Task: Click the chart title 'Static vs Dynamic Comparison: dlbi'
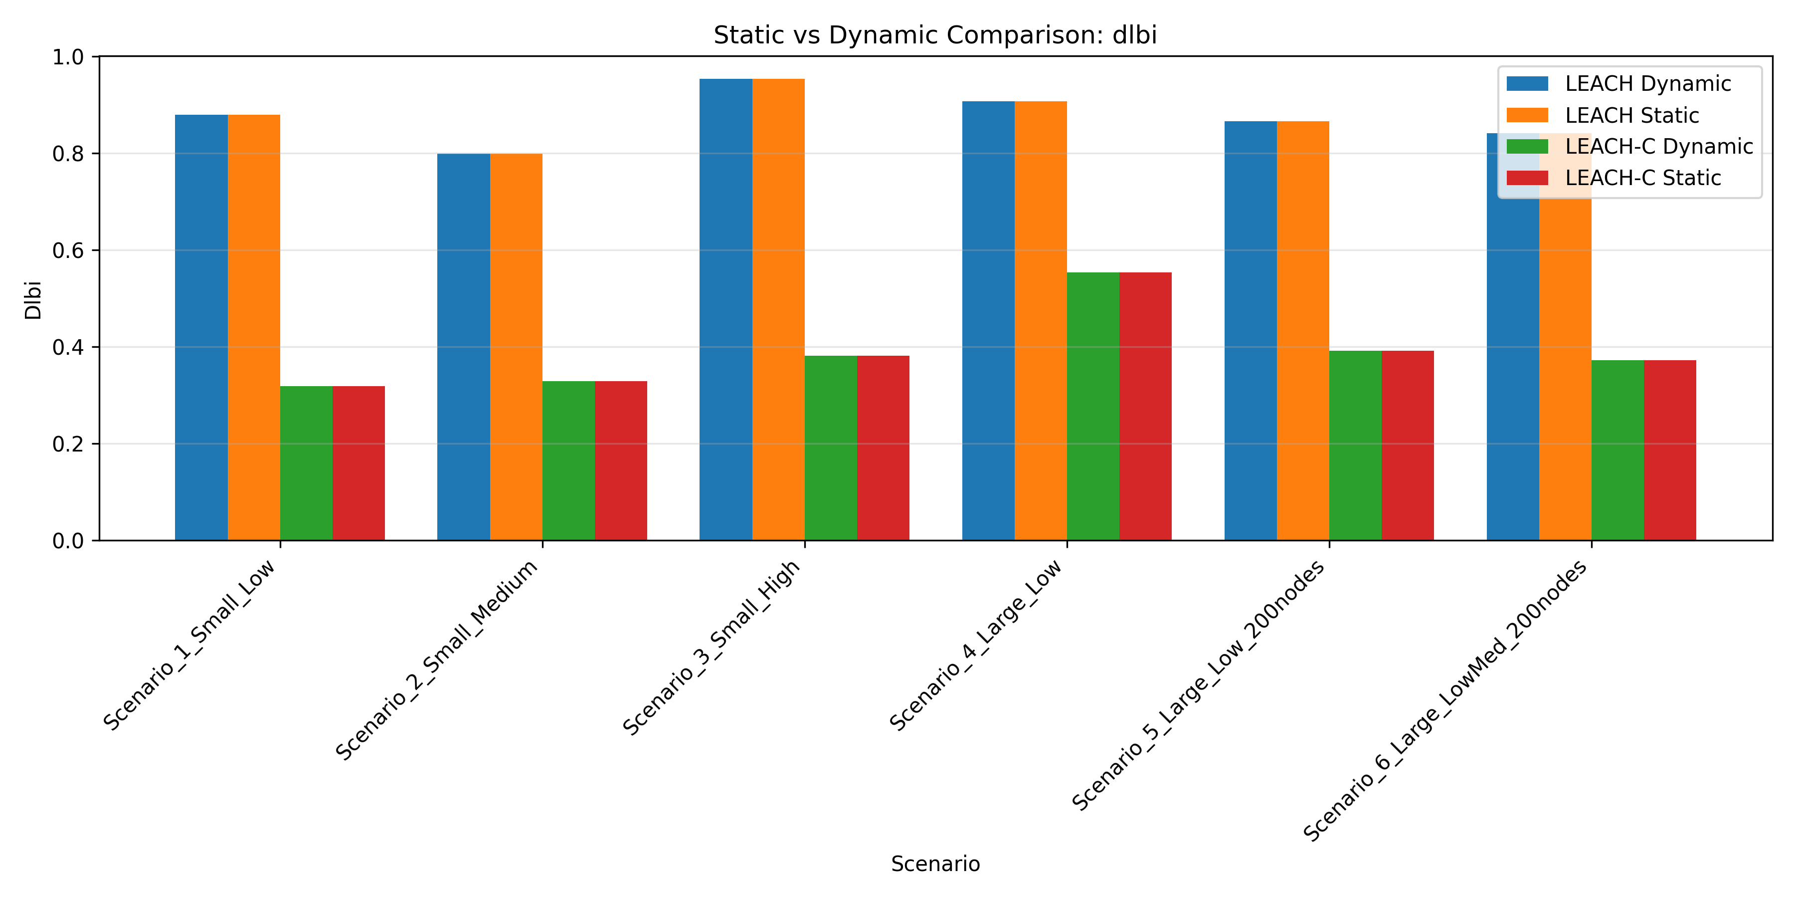[934, 35]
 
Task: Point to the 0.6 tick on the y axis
[68, 250]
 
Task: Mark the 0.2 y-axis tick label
[68, 444]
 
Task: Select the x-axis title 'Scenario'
[934, 864]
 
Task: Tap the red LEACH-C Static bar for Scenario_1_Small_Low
[358, 463]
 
